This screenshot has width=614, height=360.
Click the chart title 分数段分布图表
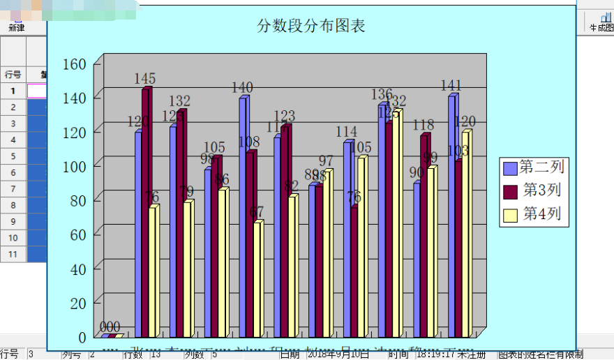(311, 27)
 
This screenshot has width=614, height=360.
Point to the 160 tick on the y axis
(75, 63)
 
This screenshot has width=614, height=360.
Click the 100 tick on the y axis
(75, 166)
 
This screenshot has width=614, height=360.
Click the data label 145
(144, 79)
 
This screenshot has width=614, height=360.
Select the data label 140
(242, 88)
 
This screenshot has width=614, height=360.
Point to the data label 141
(451, 86)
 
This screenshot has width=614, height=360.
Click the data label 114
(346, 132)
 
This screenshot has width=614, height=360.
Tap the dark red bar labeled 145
(146, 209)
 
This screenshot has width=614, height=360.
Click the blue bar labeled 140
(243, 216)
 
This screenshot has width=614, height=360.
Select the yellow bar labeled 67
(258, 279)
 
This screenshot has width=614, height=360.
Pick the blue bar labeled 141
(451, 216)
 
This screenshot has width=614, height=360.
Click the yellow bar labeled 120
(466, 234)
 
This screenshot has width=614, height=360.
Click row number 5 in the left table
(13, 156)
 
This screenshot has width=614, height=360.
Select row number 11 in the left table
(13, 255)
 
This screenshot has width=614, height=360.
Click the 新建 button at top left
(17, 28)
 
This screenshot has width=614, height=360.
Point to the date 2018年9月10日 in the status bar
(338, 354)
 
